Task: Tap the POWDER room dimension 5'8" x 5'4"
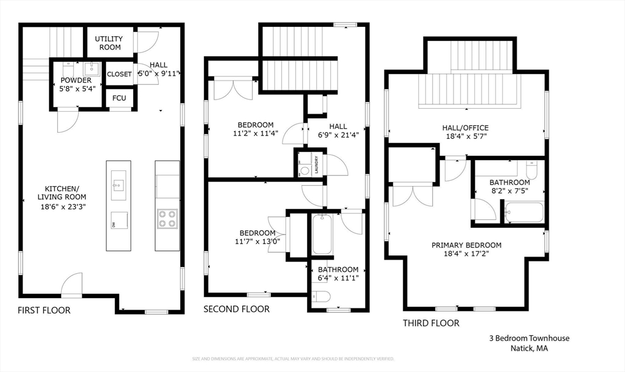76,89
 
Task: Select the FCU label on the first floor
119,98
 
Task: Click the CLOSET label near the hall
119,74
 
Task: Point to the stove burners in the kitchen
167,218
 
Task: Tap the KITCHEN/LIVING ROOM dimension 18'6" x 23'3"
62,207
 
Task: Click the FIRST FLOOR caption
44,310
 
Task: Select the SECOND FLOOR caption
236,309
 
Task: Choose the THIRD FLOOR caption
431,323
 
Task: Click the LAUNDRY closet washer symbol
305,171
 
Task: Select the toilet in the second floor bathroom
320,297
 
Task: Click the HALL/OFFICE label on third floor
465,128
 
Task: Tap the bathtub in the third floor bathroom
524,213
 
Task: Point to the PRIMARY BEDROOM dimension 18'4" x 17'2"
466,254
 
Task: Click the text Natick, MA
529,349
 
